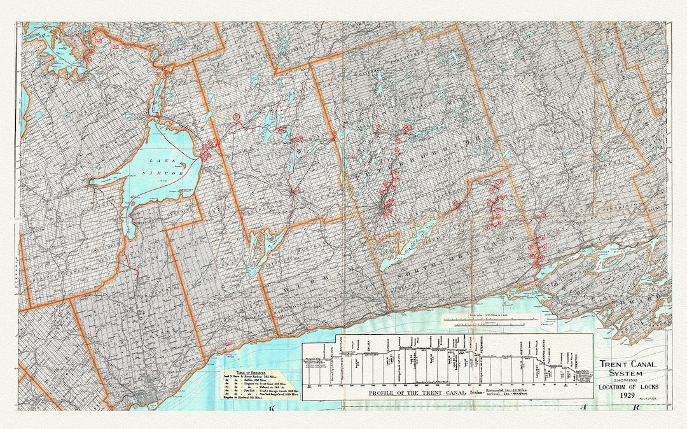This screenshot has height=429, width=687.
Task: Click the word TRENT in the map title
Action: click(x=613, y=365)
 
